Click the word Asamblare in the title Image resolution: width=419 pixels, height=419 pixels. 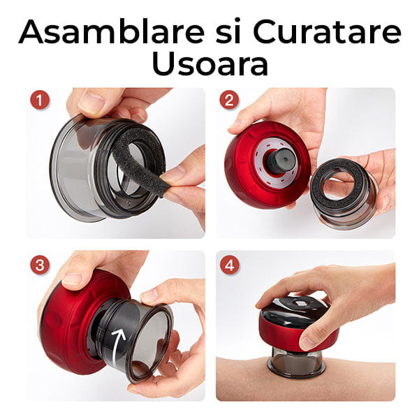tap(112, 31)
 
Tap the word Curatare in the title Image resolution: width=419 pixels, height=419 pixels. tap(327, 31)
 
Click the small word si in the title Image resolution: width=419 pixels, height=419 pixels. tap(228, 31)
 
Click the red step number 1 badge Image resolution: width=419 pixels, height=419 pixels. tap(40, 100)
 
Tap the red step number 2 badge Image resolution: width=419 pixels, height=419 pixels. tap(229, 100)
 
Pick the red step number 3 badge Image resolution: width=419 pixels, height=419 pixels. tap(40, 265)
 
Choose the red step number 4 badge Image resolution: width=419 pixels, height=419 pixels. tap(229, 265)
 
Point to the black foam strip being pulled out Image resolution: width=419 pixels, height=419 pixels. tap(139, 161)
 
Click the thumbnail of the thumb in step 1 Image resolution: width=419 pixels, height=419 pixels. tap(91, 102)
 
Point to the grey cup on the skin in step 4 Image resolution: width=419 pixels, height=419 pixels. tap(296, 362)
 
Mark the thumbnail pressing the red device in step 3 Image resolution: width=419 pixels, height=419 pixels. tap(72, 280)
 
